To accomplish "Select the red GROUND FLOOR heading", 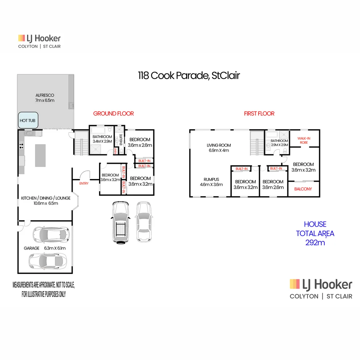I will (113, 114).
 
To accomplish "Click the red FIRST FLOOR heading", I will (259, 114).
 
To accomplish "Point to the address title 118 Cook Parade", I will (189, 76).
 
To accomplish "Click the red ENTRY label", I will (84, 183).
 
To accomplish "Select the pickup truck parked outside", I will (120, 222).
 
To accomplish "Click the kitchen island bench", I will (40, 155).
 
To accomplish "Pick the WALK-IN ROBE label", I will (304, 140).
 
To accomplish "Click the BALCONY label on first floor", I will (303, 189).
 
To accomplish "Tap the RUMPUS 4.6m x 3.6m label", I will (211, 182).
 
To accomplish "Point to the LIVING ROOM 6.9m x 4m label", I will (219, 148).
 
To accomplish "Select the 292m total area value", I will (315, 242).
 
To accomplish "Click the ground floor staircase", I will (81, 142).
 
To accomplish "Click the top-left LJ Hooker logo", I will (39, 41).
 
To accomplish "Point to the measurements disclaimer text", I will (44, 290).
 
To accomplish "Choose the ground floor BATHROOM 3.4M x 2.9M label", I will (102, 139).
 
